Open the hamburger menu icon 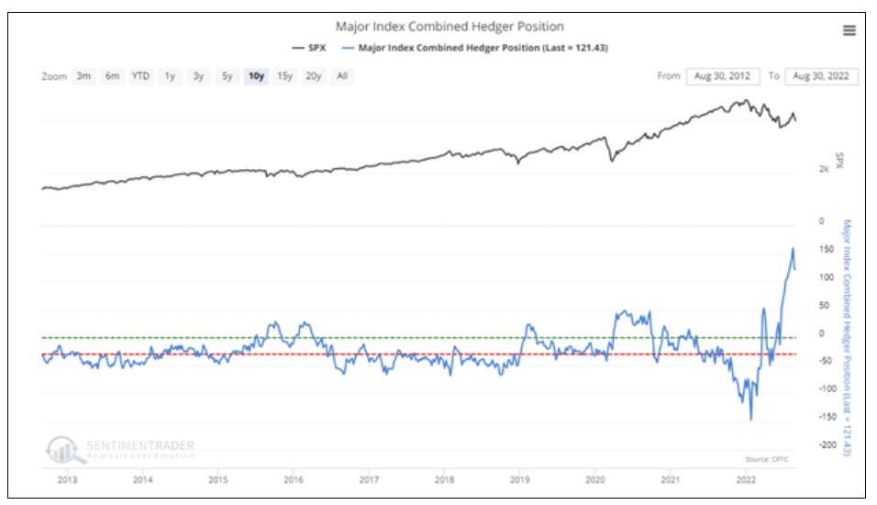849,30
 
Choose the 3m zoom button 83,76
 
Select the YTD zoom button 140,76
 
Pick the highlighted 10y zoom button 256,76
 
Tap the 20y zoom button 314,76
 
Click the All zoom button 342,76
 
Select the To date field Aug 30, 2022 822,76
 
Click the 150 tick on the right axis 827,250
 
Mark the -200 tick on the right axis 825,444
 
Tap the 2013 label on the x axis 67,480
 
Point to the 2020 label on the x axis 594,480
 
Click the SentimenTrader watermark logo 119,449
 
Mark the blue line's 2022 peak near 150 793,248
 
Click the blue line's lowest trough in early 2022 751,421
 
